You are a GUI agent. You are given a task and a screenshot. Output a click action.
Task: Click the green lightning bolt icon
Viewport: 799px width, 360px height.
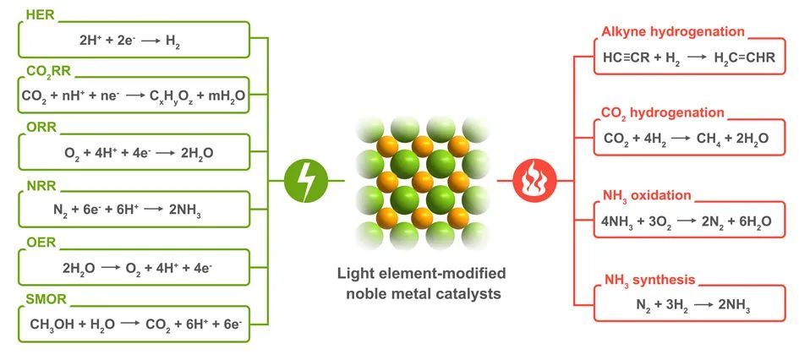pos(307,181)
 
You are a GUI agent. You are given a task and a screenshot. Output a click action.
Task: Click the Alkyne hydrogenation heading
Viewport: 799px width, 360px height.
pos(672,32)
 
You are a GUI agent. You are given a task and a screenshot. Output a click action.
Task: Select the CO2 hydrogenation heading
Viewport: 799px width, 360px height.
pos(662,113)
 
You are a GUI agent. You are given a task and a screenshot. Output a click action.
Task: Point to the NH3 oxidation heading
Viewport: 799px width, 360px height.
pos(646,196)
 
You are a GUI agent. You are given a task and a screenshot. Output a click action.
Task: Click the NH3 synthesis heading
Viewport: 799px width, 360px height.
pos(649,280)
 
